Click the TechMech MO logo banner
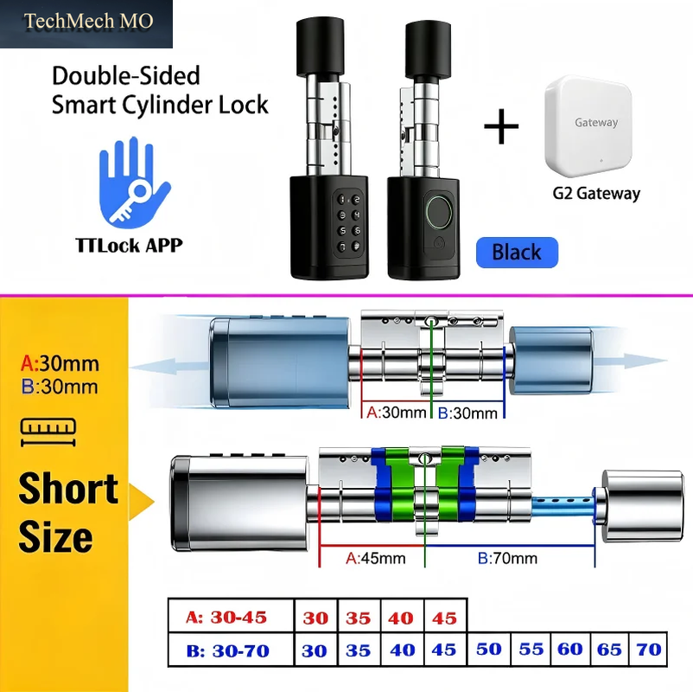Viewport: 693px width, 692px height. point(86,24)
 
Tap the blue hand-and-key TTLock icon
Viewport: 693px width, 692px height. point(134,183)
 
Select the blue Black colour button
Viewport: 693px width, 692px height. point(517,253)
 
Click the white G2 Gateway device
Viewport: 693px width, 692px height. point(588,125)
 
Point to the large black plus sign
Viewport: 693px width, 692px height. point(501,126)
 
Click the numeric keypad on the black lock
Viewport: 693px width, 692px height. point(349,223)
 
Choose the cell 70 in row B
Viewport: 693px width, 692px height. point(648,649)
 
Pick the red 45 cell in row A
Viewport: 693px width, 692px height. point(445,617)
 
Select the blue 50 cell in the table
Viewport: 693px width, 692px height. point(488,649)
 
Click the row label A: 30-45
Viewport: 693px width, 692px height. point(226,617)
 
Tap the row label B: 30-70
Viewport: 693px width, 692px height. point(228,650)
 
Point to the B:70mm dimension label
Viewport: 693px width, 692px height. point(507,559)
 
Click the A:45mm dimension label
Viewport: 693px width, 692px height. point(376,559)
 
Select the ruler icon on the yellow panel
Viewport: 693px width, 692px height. point(48,432)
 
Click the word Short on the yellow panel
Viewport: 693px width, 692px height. point(68,488)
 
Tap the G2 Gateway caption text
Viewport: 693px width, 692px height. point(596,194)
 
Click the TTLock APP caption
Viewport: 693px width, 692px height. point(129,245)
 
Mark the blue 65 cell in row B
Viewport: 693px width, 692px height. point(609,649)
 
